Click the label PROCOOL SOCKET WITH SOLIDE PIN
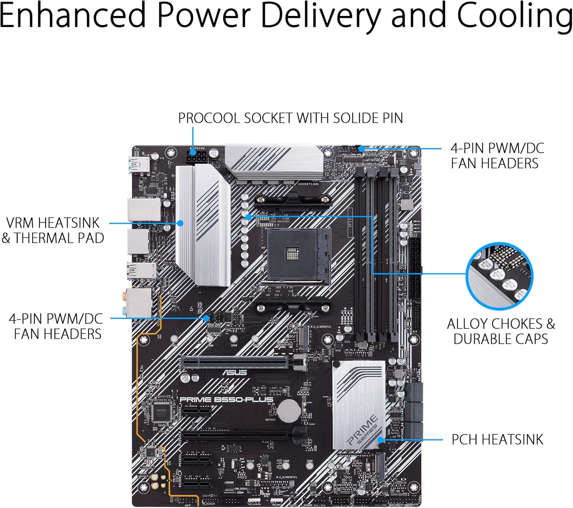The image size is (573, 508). click(x=290, y=118)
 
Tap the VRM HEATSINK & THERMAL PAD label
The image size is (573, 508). click(x=53, y=230)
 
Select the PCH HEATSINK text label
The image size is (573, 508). click(x=497, y=440)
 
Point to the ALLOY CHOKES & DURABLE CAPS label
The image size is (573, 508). click(x=501, y=331)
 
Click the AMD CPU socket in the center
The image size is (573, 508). click(x=298, y=256)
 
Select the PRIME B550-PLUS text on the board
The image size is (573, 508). click(x=226, y=400)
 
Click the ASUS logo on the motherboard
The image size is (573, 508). click(x=235, y=372)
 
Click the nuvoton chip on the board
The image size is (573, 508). click(x=161, y=413)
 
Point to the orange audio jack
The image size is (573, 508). click(x=125, y=295)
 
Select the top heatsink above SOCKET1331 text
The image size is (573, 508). click(x=274, y=162)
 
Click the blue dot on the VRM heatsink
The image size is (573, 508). click(x=181, y=223)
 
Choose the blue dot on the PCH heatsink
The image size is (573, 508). click(x=380, y=440)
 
